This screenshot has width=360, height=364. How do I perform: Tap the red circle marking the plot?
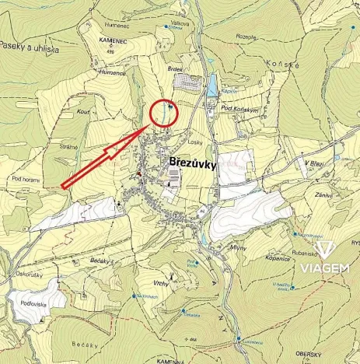pyautogui.click(x=164, y=114)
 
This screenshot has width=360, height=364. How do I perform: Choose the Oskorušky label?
pyautogui.click(x=27, y=274)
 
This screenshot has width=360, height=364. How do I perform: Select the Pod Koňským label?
pyautogui.click(x=238, y=110)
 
